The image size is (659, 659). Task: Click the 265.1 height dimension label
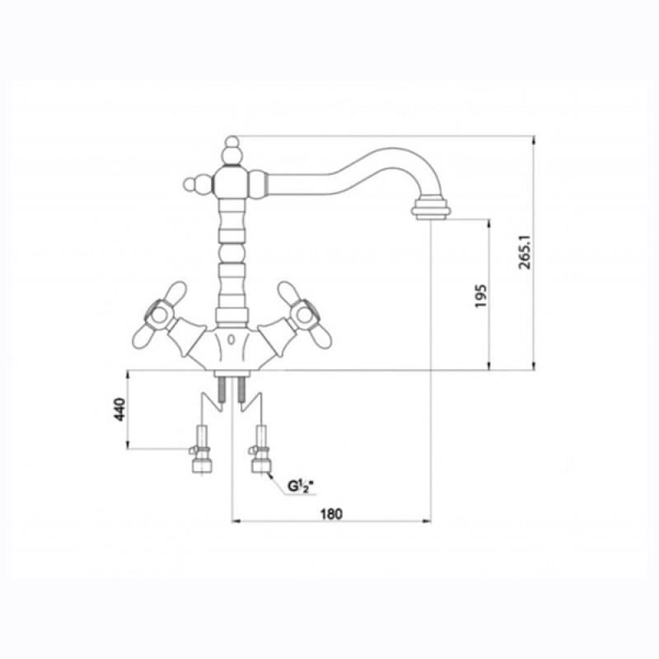pyautogui.click(x=526, y=252)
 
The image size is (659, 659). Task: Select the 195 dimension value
pyautogui.click(x=480, y=296)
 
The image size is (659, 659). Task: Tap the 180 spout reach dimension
pyautogui.click(x=332, y=514)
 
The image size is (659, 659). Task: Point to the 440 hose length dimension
pyautogui.click(x=119, y=409)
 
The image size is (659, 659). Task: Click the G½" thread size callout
pyautogui.click(x=301, y=486)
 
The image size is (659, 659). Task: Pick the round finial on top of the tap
pyautogui.click(x=232, y=142)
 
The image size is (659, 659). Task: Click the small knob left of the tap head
pyautogui.click(x=189, y=184)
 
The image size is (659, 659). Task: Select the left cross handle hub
pyautogui.click(x=159, y=314)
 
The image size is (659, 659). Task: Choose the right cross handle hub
pyautogui.click(x=304, y=314)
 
